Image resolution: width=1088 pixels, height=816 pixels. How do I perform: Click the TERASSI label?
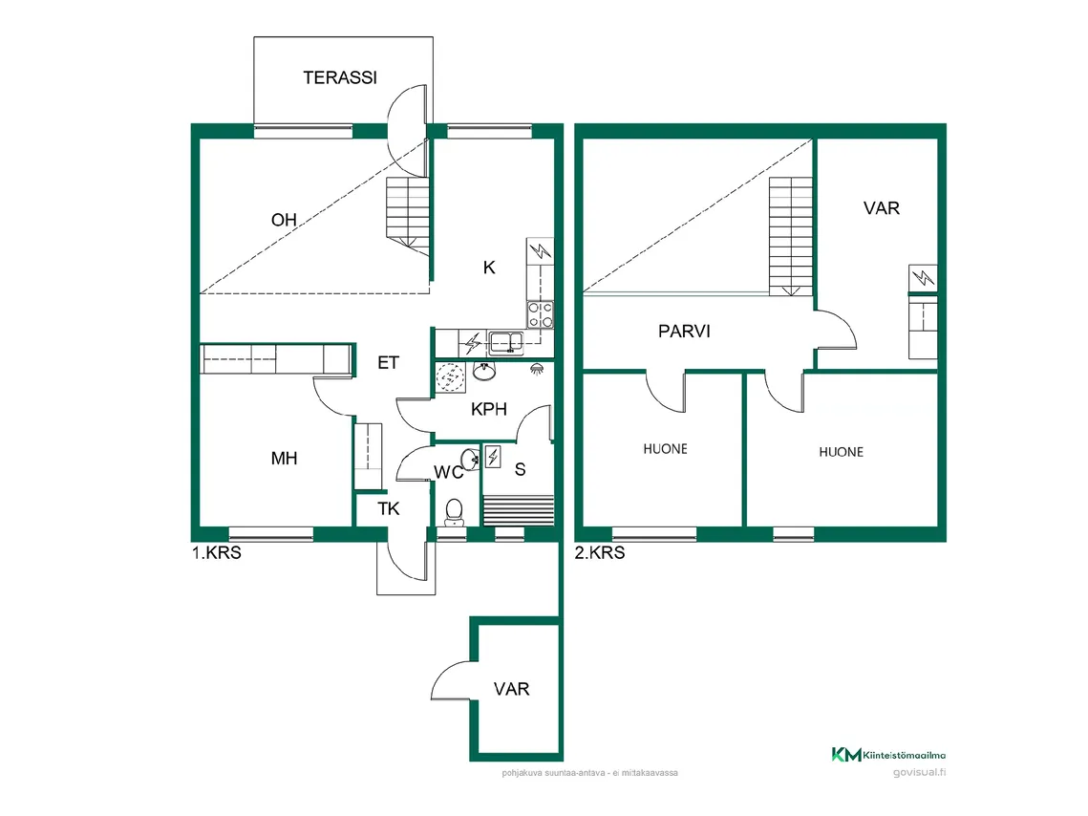pyautogui.click(x=339, y=78)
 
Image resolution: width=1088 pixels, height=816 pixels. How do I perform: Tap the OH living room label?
pyautogui.click(x=284, y=221)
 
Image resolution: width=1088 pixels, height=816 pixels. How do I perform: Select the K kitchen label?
pyautogui.click(x=488, y=268)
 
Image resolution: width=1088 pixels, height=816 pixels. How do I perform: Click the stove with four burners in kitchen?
pyautogui.click(x=540, y=314)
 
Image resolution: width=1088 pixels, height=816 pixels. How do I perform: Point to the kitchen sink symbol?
pyautogui.click(x=504, y=341)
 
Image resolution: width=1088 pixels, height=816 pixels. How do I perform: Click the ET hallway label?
pyautogui.click(x=388, y=363)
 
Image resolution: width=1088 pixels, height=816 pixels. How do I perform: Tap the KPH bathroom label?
pyautogui.click(x=488, y=410)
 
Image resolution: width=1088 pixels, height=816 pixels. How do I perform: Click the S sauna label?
pyautogui.click(x=521, y=469)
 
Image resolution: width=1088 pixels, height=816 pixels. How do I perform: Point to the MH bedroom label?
pyautogui.click(x=284, y=459)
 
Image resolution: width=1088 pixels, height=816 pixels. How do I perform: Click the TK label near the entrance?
pyautogui.click(x=388, y=508)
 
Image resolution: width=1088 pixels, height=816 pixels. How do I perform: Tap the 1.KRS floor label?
pyautogui.click(x=216, y=552)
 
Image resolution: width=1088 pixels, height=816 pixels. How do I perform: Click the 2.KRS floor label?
pyautogui.click(x=600, y=552)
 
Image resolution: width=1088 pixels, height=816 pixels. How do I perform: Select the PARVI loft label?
pyautogui.click(x=684, y=332)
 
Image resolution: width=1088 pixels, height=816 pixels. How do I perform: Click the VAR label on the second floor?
pyautogui.click(x=881, y=207)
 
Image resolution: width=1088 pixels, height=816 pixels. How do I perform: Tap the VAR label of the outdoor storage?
pyautogui.click(x=512, y=689)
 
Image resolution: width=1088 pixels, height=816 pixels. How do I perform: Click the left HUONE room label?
pyautogui.click(x=665, y=448)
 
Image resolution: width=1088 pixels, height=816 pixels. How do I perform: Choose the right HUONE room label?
pyautogui.click(x=841, y=452)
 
